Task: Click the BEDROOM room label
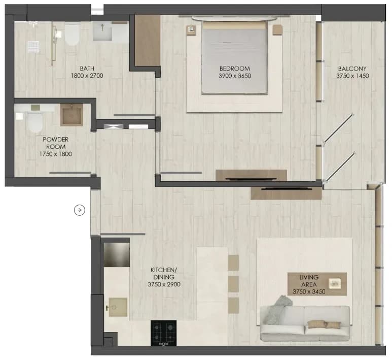coord(234,69)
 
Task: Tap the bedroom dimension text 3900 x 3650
coord(235,76)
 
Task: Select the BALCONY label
coord(352,69)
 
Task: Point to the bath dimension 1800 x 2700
coord(87,76)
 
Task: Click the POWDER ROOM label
coord(55,143)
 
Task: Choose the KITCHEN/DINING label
coord(164,273)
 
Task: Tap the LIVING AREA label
coord(309,281)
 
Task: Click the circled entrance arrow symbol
coord(80,210)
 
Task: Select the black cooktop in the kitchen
coord(163,333)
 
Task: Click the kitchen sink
coord(118,307)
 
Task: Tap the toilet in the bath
coord(72,35)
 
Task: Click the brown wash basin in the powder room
coord(72,115)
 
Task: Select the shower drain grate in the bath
coord(33,47)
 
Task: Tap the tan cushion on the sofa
coord(324,324)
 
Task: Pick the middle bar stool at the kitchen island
coord(233,284)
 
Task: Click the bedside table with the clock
coord(191,29)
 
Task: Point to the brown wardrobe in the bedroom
coord(148,41)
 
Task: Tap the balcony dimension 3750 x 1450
coord(352,76)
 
